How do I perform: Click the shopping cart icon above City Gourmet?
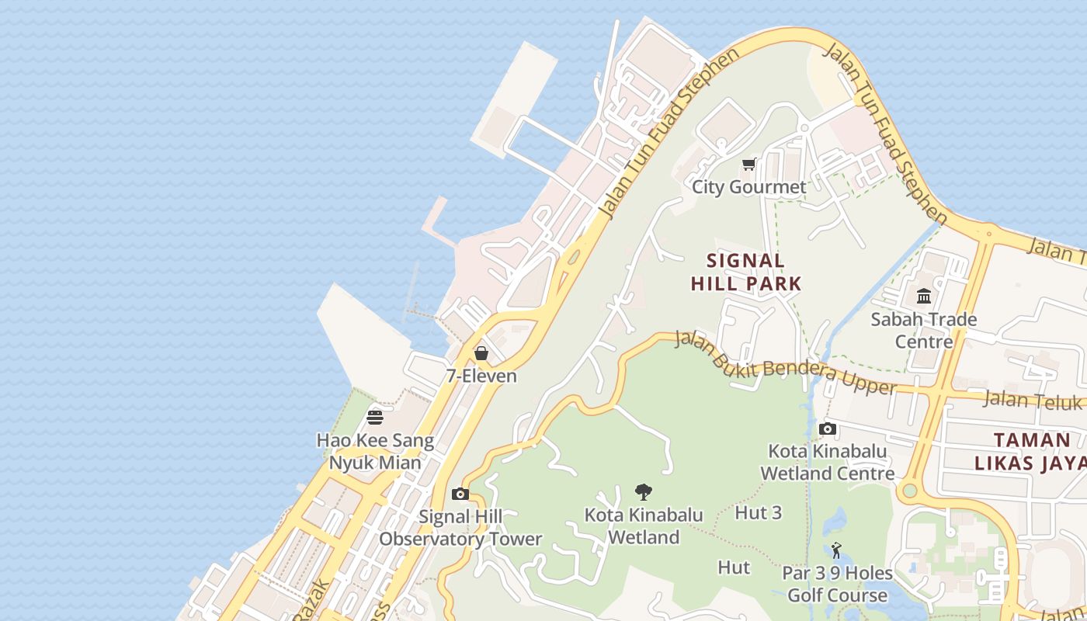[x=748, y=164]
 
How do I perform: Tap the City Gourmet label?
[x=748, y=187]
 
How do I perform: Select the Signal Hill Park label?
[x=745, y=272]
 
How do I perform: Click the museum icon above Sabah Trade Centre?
[x=924, y=296]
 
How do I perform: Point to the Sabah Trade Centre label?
[x=924, y=330]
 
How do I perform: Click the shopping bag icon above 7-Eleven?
[x=481, y=353]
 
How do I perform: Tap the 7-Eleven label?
[x=481, y=376]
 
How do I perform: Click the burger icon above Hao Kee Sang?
[x=375, y=418]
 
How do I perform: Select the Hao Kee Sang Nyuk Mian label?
[x=375, y=452]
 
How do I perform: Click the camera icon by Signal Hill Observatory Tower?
[x=460, y=494]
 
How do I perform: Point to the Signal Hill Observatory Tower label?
[x=460, y=528]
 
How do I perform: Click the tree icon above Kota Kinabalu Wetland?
[x=643, y=491]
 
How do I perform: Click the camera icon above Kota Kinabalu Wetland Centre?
[x=828, y=428]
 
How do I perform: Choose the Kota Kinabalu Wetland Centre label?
[x=828, y=463]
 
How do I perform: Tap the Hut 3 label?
[x=758, y=513]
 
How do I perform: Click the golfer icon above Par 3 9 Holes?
[x=836, y=550]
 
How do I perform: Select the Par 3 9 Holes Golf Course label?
[x=837, y=585]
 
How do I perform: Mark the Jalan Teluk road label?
[x=1033, y=401]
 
